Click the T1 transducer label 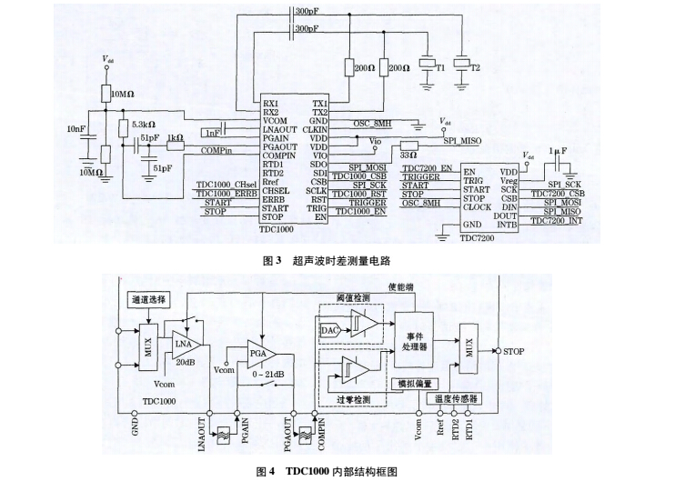(x=439, y=68)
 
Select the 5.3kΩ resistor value (x=144, y=124)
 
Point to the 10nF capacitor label (x=76, y=129)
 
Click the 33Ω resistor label (x=408, y=156)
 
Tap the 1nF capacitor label (x=213, y=133)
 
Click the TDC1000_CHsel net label (x=226, y=184)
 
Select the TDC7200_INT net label (x=558, y=221)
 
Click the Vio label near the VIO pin (x=375, y=142)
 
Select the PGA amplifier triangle (x=257, y=351)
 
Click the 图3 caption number (x=270, y=260)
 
